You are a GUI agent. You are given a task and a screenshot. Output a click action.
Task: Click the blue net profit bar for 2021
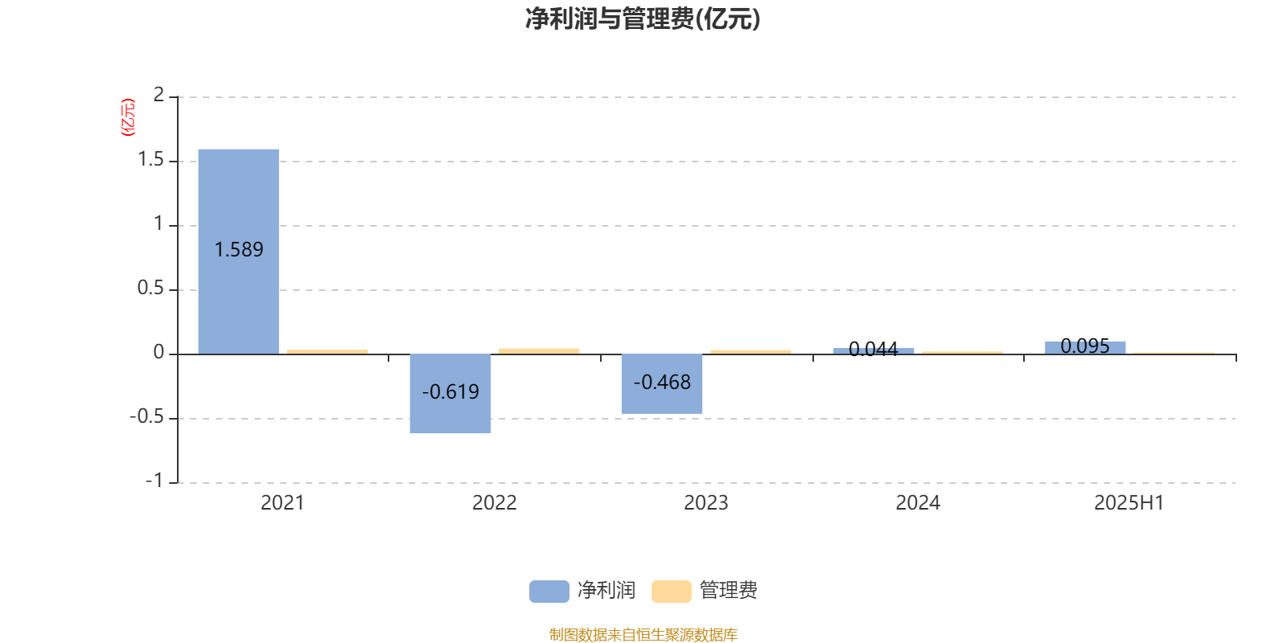(x=238, y=252)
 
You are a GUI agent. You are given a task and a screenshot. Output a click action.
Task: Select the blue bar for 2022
(x=450, y=394)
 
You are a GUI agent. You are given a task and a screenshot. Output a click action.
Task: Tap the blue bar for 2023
(x=662, y=384)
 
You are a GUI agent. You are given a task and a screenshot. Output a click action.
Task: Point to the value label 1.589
(x=238, y=250)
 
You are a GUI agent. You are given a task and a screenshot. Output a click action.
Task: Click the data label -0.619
(x=450, y=392)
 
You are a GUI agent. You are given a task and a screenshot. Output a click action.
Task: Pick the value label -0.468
(x=662, y=383)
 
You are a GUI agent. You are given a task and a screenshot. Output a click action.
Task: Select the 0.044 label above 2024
(x=874, y=349)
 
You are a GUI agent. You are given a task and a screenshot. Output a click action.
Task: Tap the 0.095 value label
(x=1085, y=346)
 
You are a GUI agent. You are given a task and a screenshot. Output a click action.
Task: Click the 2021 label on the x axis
(x=282, y=503)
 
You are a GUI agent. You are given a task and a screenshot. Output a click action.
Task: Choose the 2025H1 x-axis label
(x=1129, y=503)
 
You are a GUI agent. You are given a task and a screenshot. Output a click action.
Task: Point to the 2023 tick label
(x=705, y=503)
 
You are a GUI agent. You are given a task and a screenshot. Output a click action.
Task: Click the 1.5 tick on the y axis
(x=150, y=160)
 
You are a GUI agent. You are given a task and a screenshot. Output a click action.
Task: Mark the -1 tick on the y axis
(x=154, y=481)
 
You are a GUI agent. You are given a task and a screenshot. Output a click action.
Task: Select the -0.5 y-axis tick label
(x=147, y=417)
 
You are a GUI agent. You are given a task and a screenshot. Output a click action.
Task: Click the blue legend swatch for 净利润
(x=549, y=592)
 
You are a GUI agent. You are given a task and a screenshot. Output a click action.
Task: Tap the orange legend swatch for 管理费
(x=671, y=592)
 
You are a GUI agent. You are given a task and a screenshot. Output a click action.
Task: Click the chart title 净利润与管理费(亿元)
(x=643, y=19)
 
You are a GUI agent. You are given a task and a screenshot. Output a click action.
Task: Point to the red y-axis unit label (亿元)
(x=128, y=117)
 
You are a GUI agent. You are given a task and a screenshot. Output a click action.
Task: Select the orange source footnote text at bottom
(x=643, y=634)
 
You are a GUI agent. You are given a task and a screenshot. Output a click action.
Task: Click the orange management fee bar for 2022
(x=539, y=351)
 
